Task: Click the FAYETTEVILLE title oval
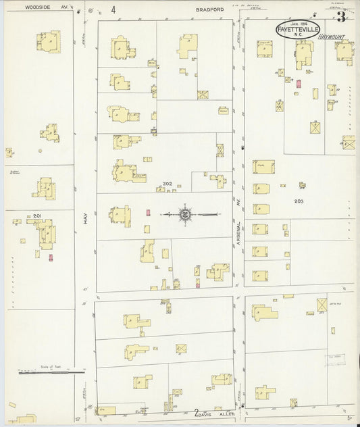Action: pos(298,28)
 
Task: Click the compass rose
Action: pos(184,215)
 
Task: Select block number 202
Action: pos(168,184)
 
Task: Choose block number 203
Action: pos(299,201)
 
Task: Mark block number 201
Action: pos(37,216)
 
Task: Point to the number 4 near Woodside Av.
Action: pos(113,9)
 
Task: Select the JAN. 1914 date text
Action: pos(298,23)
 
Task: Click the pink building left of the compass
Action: pos(149,212)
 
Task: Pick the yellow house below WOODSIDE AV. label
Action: pos(48,42)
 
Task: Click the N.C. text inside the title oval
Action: pos(298,35)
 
